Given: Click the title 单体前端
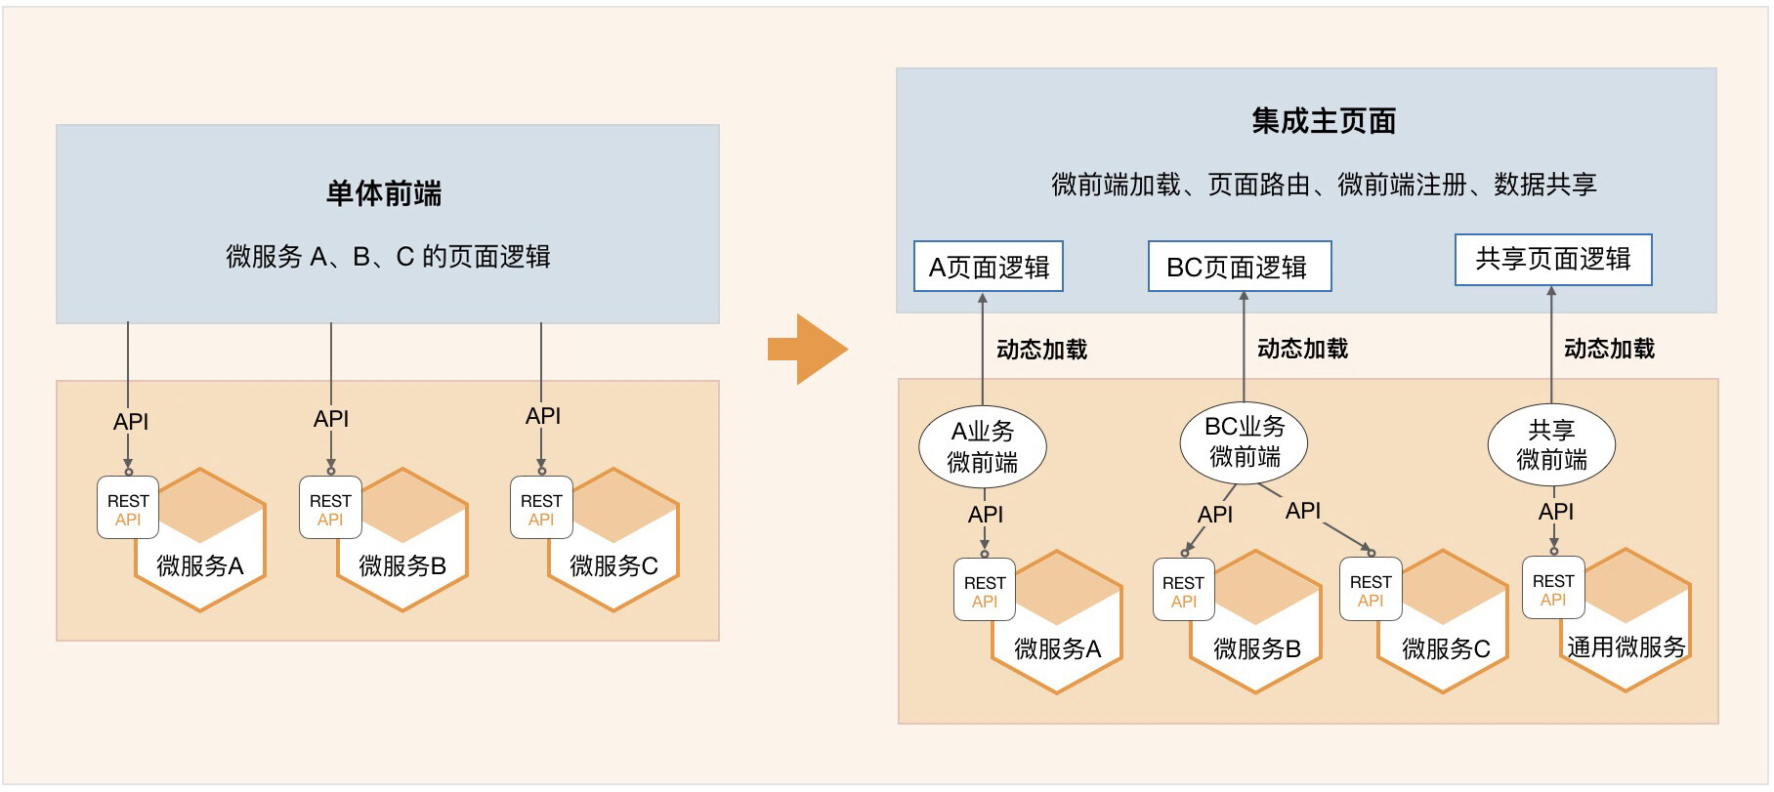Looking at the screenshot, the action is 384,193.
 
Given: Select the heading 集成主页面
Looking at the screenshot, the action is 1324,121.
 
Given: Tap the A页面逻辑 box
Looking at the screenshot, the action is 989,267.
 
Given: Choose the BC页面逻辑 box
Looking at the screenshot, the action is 1240,267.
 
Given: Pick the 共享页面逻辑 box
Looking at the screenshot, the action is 1553,260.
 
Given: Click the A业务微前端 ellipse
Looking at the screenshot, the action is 983,447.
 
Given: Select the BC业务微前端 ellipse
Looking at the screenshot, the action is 1244,442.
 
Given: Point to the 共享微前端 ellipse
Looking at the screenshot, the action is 1551,445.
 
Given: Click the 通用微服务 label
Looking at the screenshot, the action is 1626,646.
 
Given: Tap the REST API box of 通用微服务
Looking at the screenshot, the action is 1553,588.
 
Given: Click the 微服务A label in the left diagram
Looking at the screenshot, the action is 200,565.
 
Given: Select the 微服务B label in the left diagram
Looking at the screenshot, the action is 402,565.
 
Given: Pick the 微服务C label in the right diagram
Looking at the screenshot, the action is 1446,648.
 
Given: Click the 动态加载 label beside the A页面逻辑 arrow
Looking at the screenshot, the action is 1042,350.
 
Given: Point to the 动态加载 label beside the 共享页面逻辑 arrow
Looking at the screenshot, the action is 1610,349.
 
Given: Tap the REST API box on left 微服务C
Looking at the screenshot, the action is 541,508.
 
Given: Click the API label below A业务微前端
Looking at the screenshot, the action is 986,515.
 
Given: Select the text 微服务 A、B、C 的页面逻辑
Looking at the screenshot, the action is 389,257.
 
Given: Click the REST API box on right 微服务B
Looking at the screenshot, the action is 1183,590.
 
